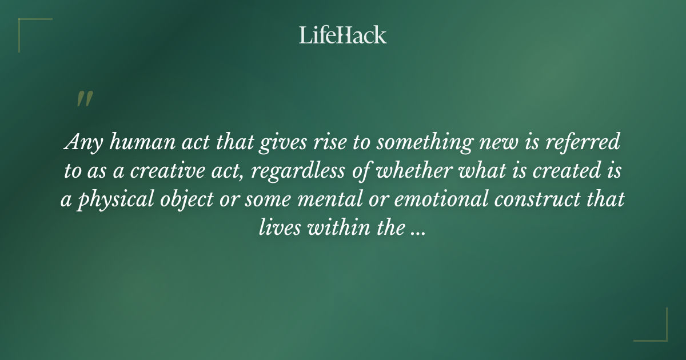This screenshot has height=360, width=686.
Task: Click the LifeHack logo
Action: [x=342, y=35]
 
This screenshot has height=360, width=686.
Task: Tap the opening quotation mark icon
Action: [x=84, y=99]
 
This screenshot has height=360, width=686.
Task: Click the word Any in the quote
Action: [x=79, y=143]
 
